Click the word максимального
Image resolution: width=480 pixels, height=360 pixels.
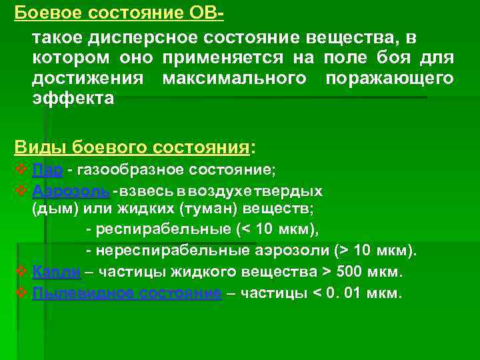point(234,78)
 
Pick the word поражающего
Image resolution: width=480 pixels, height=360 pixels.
point(389,78)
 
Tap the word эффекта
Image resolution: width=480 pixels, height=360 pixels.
point(73,98)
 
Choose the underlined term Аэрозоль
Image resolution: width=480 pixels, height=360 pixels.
point(70,191)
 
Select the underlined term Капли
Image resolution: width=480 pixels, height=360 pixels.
point(57,272)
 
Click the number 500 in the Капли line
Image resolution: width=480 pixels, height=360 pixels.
point(349,272)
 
